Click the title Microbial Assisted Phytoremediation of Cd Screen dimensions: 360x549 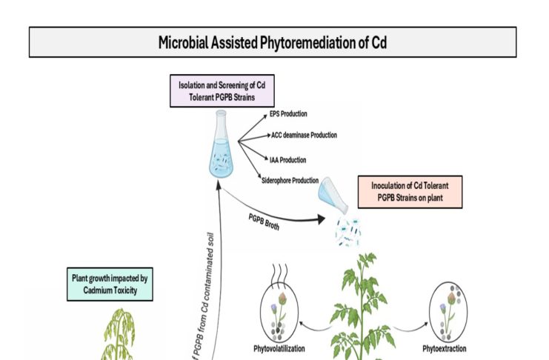pyautogui.click(x=272, y=43)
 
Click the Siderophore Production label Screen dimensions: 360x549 pyautogui.click(x=290, y=180)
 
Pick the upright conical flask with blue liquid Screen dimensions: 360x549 pyautogui.click(x=220, y=146)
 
